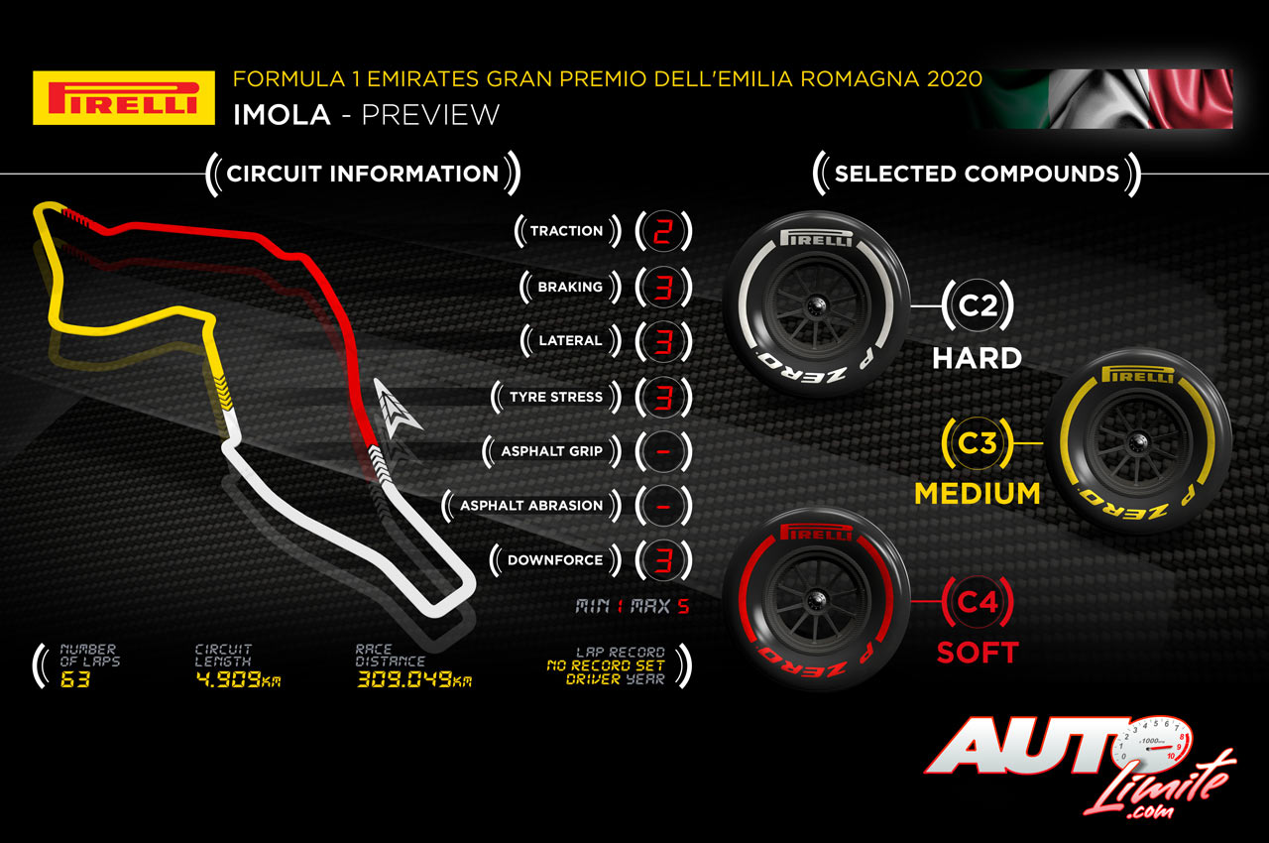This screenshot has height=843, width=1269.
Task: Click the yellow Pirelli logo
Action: point(124,97)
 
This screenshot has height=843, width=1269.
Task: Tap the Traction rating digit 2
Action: point(663,231)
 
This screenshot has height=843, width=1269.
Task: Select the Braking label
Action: point(570,287)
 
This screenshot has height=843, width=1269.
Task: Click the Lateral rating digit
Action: point(663,341)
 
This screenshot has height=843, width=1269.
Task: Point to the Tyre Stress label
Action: point(555,397)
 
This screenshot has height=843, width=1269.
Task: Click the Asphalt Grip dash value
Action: point(663,451)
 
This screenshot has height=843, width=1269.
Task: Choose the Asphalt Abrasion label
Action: point(531,506)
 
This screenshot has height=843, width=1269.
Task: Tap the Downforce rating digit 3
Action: point(663,560)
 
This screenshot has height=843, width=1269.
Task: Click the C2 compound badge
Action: point(977,305)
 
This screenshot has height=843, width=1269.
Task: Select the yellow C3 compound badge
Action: point(976,442)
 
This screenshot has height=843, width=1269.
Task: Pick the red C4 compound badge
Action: point(977,601)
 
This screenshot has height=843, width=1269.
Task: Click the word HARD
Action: point(977,357)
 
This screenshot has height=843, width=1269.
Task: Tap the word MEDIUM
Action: point(977,493)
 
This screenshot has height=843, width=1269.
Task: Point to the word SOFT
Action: point(978,653)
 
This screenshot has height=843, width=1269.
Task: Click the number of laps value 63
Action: point(74,680)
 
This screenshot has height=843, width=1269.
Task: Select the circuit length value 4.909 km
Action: point(238,680)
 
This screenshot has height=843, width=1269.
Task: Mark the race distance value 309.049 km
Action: point(413,680)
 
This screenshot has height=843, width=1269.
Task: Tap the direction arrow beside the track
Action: point(398,407)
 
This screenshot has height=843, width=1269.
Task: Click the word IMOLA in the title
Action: point(282,114)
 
